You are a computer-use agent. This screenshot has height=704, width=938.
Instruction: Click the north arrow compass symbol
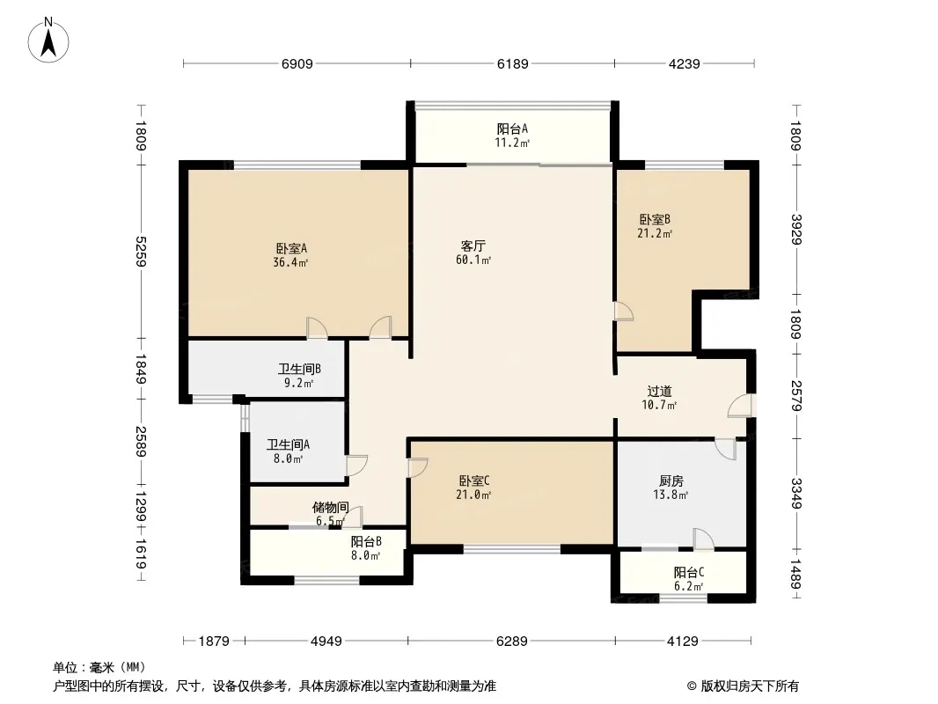point(48,40)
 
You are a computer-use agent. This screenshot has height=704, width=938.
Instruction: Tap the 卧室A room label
point(291,248)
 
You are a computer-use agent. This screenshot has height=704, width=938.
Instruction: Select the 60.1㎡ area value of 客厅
point(473,260)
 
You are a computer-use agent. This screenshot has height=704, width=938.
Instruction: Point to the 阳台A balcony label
point(512,128)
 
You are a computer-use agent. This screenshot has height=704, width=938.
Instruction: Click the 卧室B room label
point(655,219)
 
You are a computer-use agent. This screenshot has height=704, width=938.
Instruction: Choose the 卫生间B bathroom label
point(299,369)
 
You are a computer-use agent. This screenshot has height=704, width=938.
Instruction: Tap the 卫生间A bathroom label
point(288,445)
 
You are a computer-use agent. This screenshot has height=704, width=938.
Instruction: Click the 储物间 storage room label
point(330,508)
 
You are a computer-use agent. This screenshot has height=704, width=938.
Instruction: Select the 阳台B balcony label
point(366,542)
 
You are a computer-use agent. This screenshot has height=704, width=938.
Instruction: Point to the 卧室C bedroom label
point(474,480)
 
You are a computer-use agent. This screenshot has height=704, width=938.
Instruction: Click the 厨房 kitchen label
point(671,480)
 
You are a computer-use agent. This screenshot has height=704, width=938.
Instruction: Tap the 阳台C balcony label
point(689,572)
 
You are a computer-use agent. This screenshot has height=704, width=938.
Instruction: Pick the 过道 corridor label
point(659,392)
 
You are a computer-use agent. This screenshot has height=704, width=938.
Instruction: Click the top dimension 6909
point(297,63)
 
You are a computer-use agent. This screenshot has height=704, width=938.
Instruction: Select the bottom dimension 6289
point(512,642)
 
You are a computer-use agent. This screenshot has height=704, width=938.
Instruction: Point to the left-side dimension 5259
point(141,252)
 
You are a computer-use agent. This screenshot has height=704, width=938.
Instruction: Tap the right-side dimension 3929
point(796,229)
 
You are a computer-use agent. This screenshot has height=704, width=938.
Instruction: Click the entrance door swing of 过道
point(741,406)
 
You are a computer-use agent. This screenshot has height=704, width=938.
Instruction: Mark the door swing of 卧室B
point(623,311)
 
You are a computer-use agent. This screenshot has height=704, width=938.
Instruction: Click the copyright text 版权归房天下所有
point(750,686)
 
